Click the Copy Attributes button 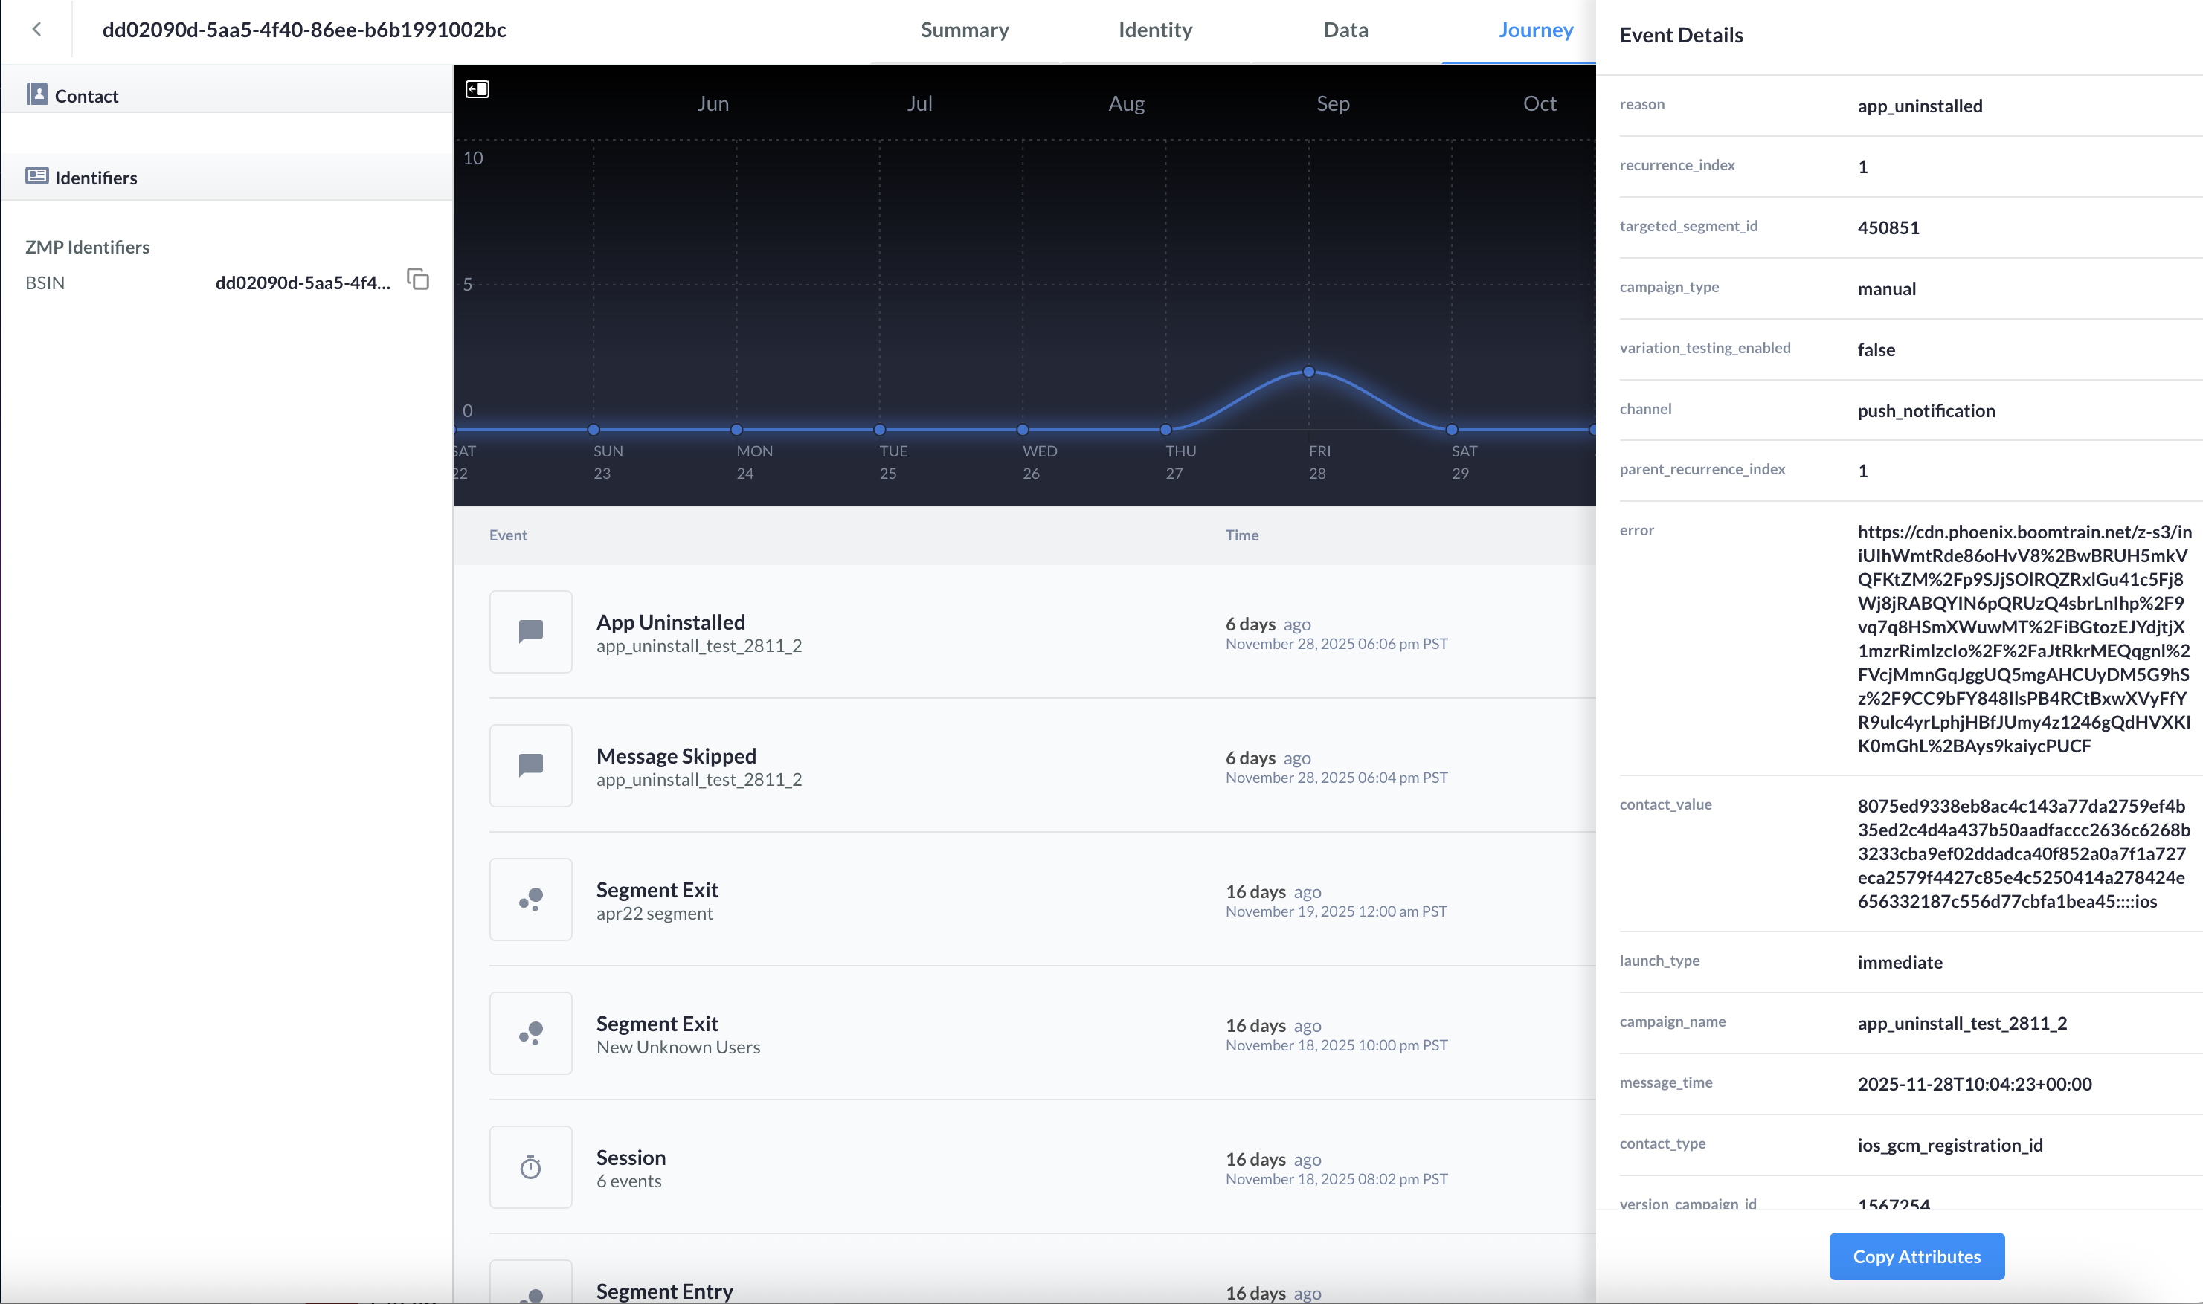[x=1917, y=1256]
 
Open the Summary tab [x=965, y=30]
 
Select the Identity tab [x=1155, y=30]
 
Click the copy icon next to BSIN [x=417, y=280]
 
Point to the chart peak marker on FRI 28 [x=1308, y=372]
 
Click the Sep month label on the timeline [x=1333, y=103]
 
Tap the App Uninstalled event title [x=671, y=622]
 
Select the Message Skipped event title [x=676, y=755]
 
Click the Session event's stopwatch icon [x=531, y=1167]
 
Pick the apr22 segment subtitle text [x=654, y=914]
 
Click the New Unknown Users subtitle [x=678, y=1048]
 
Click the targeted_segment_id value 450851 [x=1888, y=227]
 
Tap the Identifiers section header [x=96, y=178]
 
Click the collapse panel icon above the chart [x=477, y=88]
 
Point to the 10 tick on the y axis [x=473, y=158]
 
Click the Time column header [x=1242, y=535]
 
